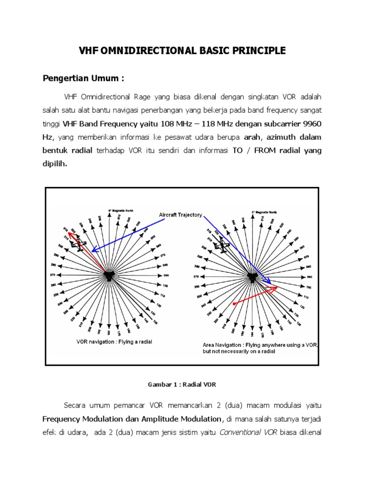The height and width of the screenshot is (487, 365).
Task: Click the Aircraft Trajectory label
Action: (x=180, y=215)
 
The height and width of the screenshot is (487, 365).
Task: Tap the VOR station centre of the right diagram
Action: (x=252, y=276)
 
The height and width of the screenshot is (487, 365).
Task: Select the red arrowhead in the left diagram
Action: (x=70, y=234)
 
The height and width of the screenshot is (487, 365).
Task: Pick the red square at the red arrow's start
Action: (x=233, y=303)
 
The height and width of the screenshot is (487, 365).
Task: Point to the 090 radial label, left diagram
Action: (x=165, y=275)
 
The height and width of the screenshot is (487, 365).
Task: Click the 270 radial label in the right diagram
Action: (x=195, y=276)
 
